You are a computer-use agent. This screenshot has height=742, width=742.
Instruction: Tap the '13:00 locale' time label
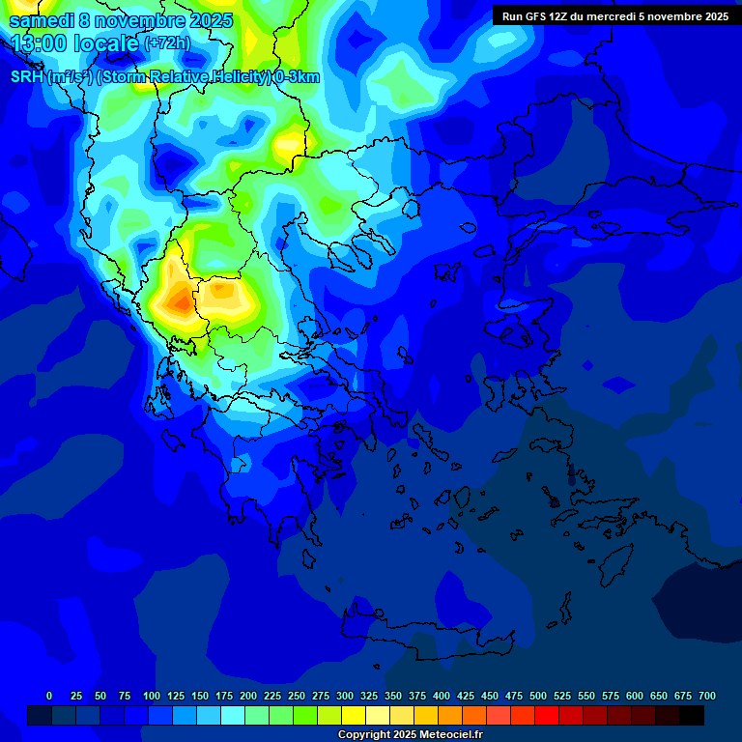[75, 43]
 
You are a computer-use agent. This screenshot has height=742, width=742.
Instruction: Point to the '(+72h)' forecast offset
[167, 43]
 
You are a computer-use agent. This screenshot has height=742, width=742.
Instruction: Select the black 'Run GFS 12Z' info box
[615, 15]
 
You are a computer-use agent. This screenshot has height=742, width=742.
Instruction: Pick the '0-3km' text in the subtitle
[297, 77]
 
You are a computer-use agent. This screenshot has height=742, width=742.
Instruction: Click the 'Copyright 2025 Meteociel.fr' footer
[410, 735]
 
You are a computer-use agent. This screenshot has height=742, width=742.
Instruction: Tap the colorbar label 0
[49, 696]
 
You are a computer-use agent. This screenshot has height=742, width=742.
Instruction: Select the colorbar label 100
[152, 696]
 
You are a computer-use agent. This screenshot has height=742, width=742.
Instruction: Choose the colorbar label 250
[297, 696]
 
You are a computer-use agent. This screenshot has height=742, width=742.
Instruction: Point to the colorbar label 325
[369, 696]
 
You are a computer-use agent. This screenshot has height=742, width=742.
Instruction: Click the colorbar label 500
[538, 696]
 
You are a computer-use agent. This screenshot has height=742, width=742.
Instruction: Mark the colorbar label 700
[707, 696]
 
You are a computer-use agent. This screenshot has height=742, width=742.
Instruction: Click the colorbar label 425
[466, 696]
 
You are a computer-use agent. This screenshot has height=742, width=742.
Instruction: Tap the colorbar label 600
[635, 696]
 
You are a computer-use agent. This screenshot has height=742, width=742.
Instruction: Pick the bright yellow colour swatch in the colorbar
[354, 715]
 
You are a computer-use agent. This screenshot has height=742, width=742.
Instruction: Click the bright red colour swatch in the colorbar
[547, 715]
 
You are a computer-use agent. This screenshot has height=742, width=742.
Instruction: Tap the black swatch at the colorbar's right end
[692, 715]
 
